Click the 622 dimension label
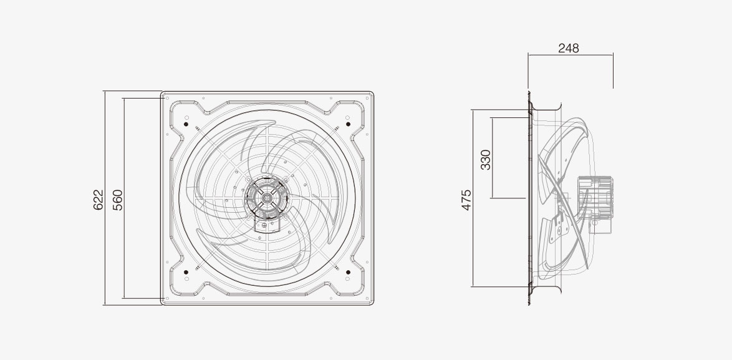98,200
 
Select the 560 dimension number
118,200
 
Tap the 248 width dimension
569,48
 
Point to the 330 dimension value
486,160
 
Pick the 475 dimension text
466,200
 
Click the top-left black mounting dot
186,124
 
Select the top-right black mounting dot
349,124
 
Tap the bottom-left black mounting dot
186,272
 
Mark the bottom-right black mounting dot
349,272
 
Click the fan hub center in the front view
267,198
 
